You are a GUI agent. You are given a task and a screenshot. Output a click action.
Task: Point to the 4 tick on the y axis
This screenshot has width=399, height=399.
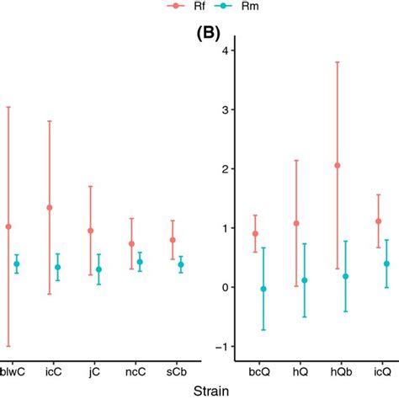(x=224, y=51)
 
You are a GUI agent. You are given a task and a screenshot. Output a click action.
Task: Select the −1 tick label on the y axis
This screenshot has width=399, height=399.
(x=221, y=347)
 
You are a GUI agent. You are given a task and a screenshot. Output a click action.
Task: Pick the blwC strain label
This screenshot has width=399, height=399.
(x=12, y=370)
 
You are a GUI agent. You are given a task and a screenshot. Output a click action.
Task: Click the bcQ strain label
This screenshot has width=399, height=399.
(x=259, y=370)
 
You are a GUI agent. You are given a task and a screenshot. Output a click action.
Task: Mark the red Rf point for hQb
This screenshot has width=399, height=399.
(x=338, y=165)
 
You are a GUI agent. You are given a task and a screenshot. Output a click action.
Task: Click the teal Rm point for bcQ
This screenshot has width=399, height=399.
(x=263, y=289)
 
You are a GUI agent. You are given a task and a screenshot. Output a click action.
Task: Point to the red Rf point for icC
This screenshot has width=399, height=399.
(x=50, y=207)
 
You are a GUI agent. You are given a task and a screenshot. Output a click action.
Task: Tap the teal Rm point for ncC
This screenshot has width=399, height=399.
(x=140, y=262)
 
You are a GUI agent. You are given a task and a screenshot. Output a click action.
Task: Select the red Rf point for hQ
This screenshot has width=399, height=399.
(x=296, y=223)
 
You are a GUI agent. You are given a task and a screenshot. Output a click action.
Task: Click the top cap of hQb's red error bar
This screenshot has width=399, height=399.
(x=338, y=62)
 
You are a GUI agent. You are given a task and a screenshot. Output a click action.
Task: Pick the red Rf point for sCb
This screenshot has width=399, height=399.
(x=173, y=240)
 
